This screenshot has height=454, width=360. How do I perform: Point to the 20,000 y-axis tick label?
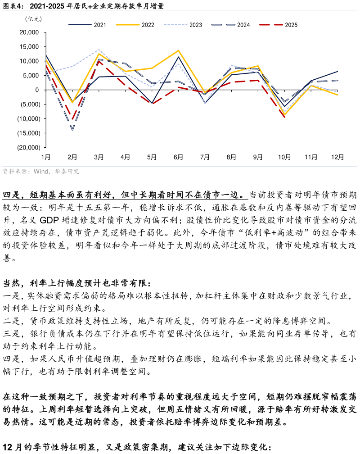(x=30, y=32)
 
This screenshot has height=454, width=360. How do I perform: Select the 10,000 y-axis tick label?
(x=30, y=61)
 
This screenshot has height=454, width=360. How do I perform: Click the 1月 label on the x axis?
(x=46, y=157)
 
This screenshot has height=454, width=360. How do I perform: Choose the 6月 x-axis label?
(x=178, y=157)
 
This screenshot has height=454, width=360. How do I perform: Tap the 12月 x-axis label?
(x=337, y=157)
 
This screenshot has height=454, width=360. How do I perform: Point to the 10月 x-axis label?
(x=284, y=157)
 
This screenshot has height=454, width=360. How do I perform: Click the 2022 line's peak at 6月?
(x=178, y=50)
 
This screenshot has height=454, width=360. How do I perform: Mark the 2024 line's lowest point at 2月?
(x=72, y=130)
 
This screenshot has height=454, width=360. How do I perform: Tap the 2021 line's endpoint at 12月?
(x=337, y=71)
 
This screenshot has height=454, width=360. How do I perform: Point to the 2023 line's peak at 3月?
(x=99, y=50)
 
